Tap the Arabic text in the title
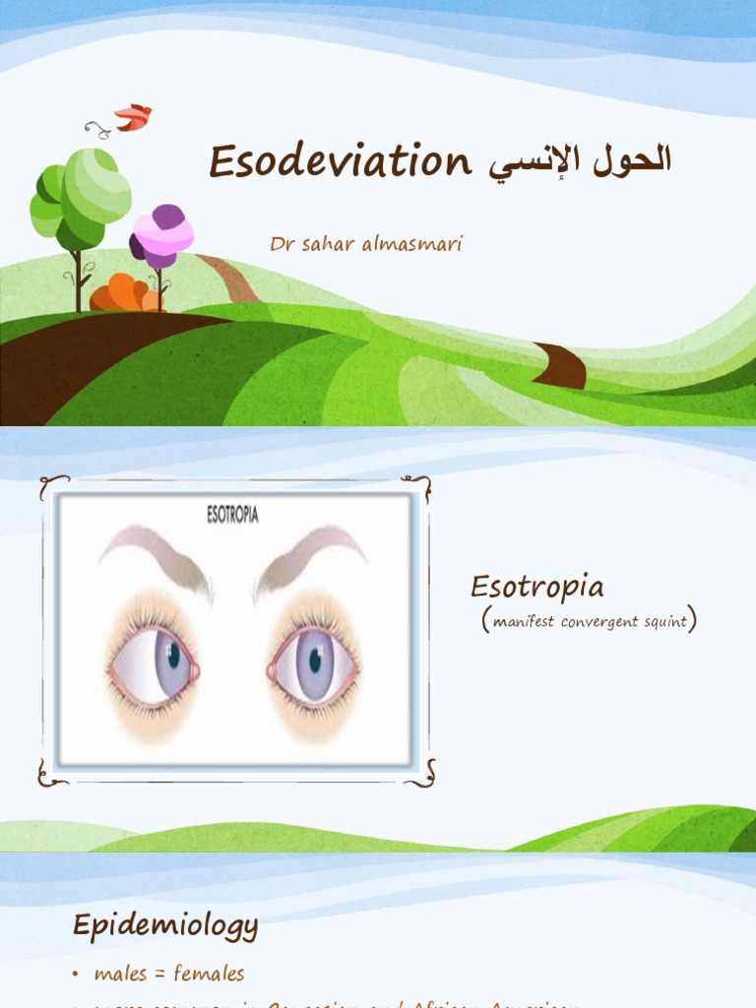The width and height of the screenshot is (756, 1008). tap(575, 161)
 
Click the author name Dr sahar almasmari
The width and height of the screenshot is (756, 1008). tap(366, 244)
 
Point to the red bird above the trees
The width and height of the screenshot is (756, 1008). tap(133, 118)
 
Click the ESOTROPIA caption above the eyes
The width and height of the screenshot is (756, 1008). tap(232, 515)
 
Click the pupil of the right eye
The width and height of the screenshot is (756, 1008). tap(315, 661)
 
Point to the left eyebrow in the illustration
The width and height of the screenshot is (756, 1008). tap(157, 556)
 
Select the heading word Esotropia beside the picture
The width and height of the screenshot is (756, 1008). tap(536, 588)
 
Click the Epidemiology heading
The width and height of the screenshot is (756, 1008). tap(165, 925)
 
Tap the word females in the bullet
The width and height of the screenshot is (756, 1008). tap(210, 974)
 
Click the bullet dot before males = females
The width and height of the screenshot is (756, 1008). tap(77, 975)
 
